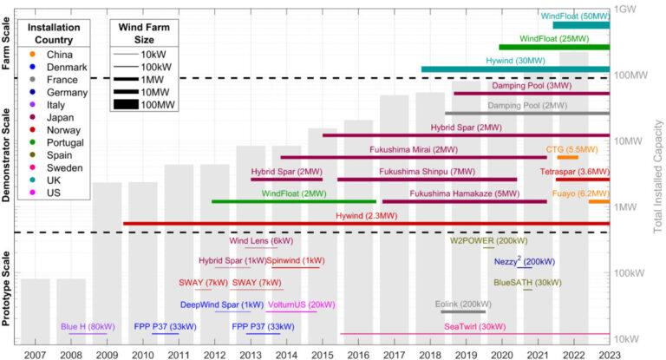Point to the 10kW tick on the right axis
click(x=628, y=338)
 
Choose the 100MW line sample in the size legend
click(x=128, y=105)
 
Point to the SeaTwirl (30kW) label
click(x=474, y=326)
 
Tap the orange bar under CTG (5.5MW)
click(x=568, y=157)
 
